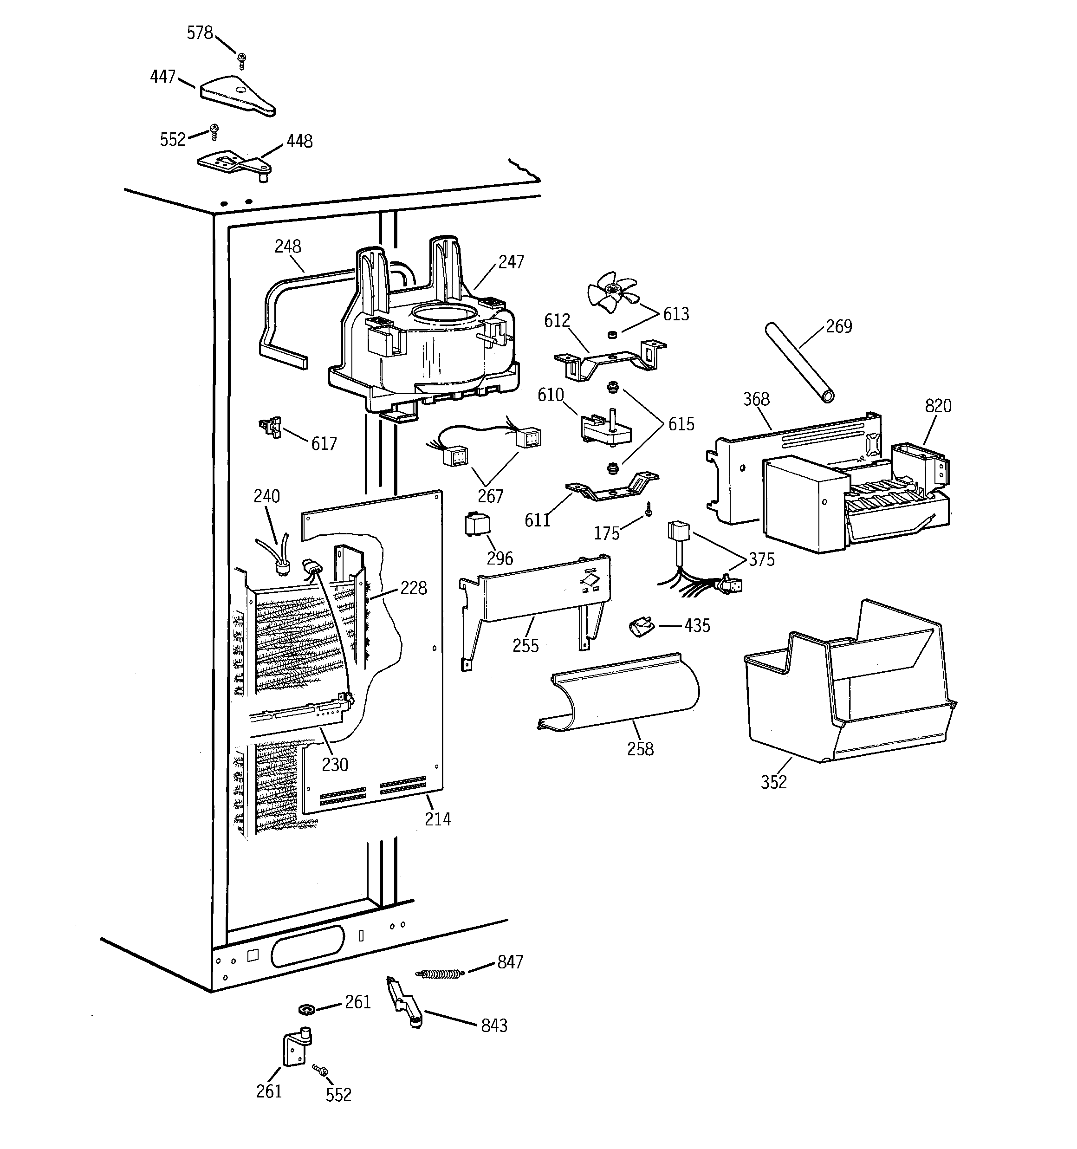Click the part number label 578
pos(200,33)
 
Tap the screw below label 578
pos(242,59)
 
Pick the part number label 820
pos(938,406)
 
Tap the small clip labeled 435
pos(640,626)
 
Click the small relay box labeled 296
pos(477,524)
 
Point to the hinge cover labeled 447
pos(238,95)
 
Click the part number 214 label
pos(438,819)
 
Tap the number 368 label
pos(756,399)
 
